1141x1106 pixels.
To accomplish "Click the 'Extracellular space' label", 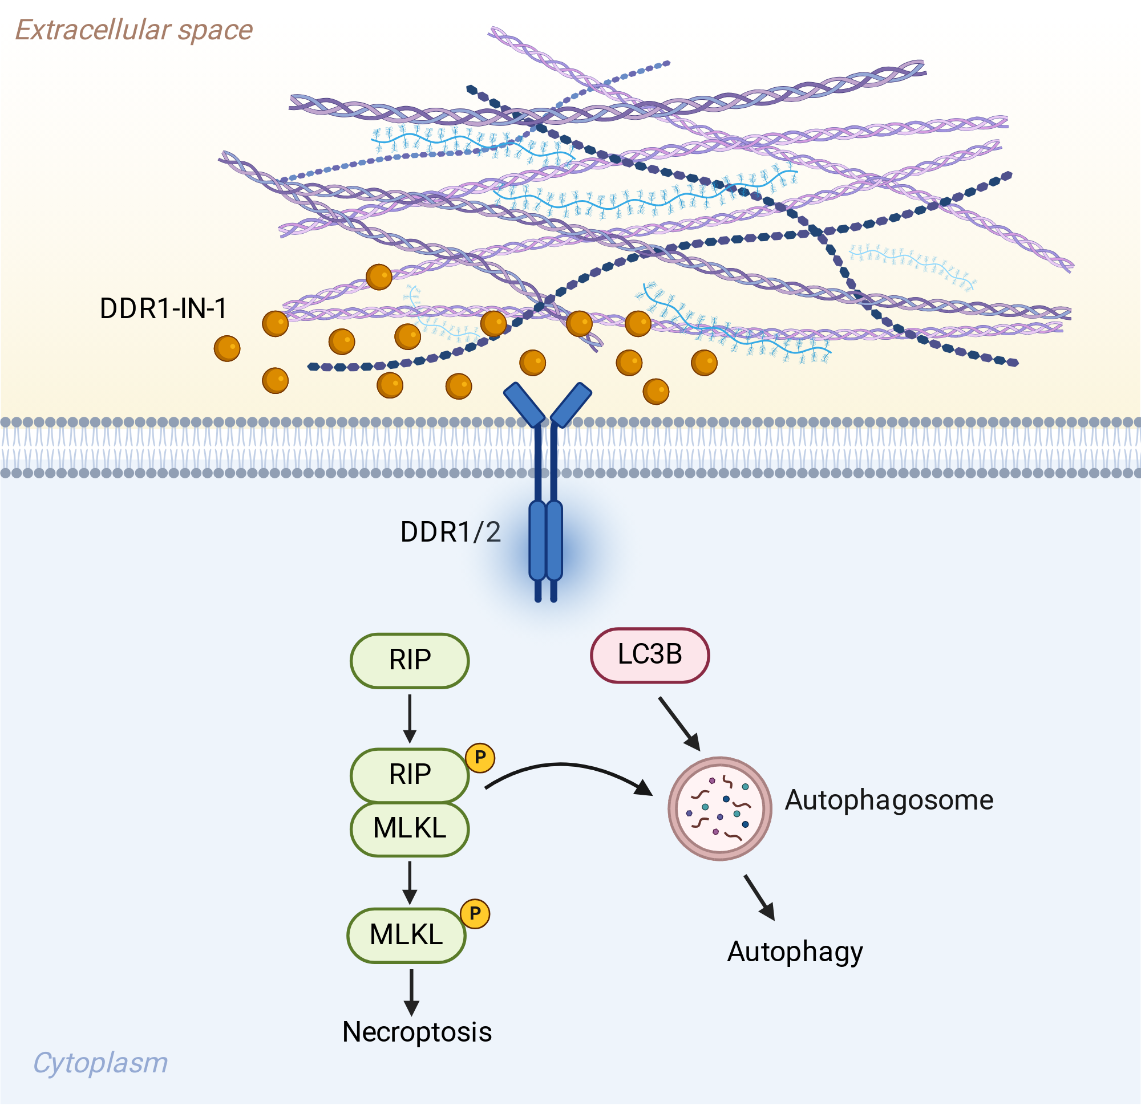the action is click(134, 30).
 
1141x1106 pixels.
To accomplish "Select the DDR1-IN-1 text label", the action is click(163, 308).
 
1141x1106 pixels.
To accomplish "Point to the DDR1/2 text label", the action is click(451, 532).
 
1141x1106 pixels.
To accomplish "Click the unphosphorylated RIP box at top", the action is click(410, 661).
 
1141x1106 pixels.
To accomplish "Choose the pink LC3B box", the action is click(650, 655).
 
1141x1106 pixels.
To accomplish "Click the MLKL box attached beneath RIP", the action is click(410, 829).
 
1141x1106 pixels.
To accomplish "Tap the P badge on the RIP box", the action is click(480, 758).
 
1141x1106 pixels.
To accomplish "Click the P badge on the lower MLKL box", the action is click(475, 914).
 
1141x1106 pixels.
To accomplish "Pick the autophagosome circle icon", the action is click(719, 810).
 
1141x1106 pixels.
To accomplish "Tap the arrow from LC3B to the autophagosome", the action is click(679, 725).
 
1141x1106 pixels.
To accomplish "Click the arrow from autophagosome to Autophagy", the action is click(760, 898).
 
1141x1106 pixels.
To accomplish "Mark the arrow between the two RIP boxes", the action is click(410, 719).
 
